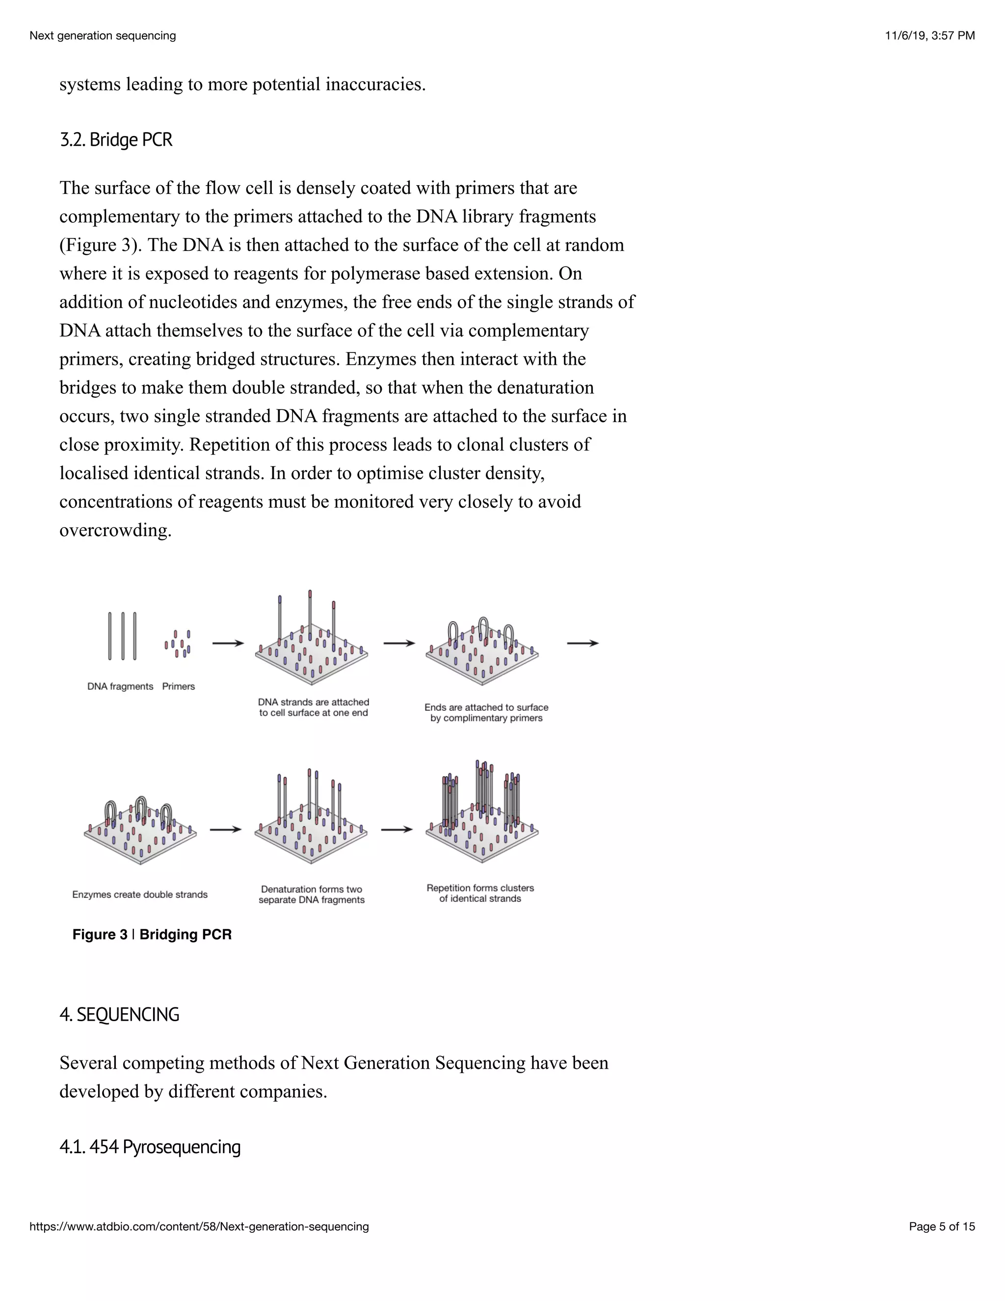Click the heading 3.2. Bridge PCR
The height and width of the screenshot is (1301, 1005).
(116, 140)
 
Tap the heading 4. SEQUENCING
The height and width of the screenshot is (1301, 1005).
(119, 1014)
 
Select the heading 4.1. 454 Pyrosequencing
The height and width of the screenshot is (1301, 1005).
(150, 1147)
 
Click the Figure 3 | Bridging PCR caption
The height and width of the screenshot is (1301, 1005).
(152, 935)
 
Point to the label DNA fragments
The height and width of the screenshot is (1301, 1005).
(120, 686)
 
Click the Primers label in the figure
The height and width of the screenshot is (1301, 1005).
(179, 686)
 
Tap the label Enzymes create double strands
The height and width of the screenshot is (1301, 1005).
(140, 894)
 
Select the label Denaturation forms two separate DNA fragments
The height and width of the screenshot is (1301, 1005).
(312, 894)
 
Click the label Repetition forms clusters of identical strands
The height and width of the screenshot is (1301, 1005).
(480, 894)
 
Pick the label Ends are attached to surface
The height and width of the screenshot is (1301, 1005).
(486, 707)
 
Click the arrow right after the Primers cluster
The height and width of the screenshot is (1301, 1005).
(228, 643)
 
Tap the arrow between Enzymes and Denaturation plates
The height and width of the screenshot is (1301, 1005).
(226, 829)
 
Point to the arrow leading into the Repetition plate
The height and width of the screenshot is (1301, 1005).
(397, 829)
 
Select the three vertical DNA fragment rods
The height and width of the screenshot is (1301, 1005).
(122, 636)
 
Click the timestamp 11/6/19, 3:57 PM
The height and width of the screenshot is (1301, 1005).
(929, 36)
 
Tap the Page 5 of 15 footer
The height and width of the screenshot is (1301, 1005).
(941, 1226)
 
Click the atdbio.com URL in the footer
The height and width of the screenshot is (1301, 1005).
(199, 1226)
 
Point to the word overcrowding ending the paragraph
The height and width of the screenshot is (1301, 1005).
(115, 530)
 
